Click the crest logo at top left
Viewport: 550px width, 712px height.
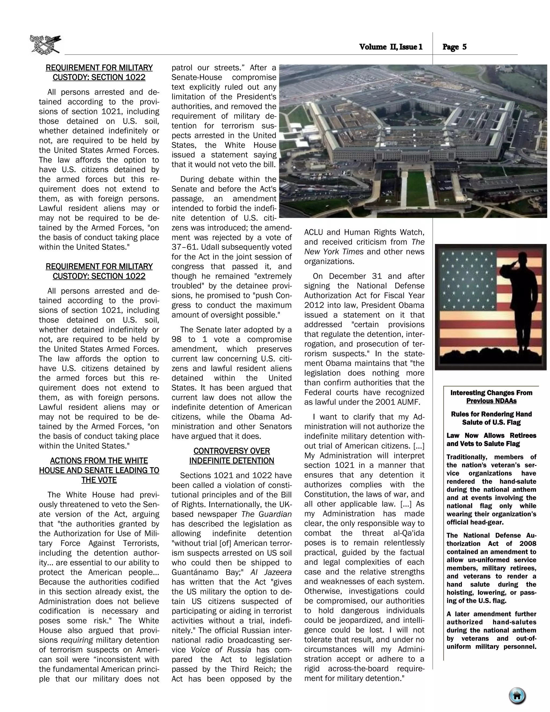pos(45,44)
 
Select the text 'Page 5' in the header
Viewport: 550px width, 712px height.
pos(455,47)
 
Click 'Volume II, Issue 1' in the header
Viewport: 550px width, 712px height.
pos(391,47)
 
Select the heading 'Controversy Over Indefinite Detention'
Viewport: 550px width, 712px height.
pos(232,456)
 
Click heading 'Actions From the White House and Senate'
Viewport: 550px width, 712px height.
pos(99,470)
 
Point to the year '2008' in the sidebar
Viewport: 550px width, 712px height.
pos(528,544)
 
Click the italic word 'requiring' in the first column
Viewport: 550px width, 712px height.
pos(77,640)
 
